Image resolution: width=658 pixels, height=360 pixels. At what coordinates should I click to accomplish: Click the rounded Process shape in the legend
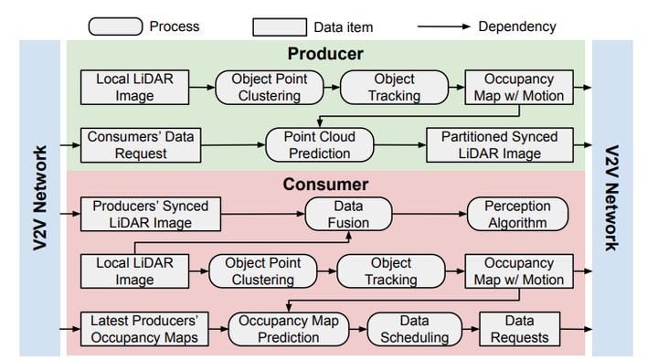[115, 26]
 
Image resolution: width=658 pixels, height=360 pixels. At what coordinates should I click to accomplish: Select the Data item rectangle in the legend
[279, 26]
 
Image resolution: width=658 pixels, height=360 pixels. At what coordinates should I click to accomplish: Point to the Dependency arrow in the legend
[444, 26]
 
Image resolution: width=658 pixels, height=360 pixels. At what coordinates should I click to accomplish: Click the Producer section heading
[325, 54]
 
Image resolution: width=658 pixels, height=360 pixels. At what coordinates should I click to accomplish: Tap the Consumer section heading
[326, 185]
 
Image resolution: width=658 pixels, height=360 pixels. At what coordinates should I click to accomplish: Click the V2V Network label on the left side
[41, 197]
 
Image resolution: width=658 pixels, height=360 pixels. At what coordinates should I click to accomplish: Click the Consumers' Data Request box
[141, 145]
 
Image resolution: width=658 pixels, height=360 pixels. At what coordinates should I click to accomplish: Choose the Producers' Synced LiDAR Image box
[150, 215]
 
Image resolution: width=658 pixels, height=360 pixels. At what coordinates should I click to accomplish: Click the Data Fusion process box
[348, 215]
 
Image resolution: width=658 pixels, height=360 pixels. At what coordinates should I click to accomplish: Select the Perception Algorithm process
[517, 215]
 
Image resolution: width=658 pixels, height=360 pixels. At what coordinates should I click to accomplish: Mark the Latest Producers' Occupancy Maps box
[144, 329]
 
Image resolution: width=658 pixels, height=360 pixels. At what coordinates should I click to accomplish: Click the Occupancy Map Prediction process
[290, 329]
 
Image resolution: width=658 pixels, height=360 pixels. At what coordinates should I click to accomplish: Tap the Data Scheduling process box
[415, 329]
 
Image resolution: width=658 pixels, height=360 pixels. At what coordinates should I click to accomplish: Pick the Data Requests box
[518, 329]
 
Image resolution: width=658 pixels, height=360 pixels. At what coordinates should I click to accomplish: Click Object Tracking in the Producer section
[394, 88]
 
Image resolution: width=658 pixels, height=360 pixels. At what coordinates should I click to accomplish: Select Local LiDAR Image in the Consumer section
[134, 271]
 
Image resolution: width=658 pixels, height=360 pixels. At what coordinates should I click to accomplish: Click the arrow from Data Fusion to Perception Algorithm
[429, 215]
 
